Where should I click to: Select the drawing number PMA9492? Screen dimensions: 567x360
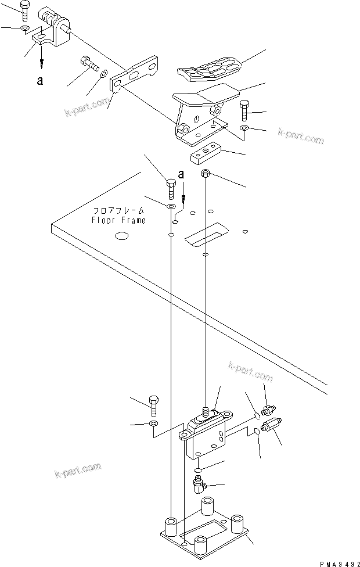(x=335, y=562)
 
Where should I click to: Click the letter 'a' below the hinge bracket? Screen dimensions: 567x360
(x=39, y=81)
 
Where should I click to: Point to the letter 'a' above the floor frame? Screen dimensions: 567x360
(x=182, y=174)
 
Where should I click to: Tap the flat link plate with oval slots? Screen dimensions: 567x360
(x=135, y=74)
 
